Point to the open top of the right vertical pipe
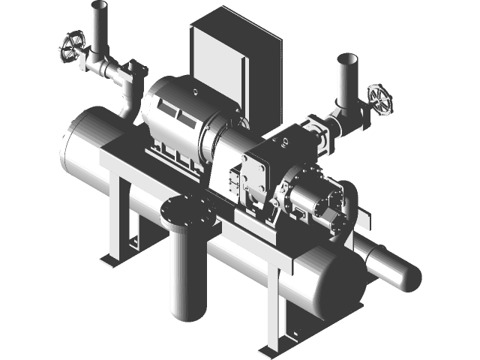coord(346,58)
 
